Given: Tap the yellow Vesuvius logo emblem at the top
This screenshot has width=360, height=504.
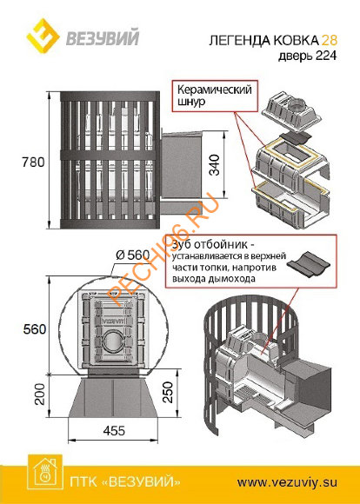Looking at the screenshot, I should coord(26,34).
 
